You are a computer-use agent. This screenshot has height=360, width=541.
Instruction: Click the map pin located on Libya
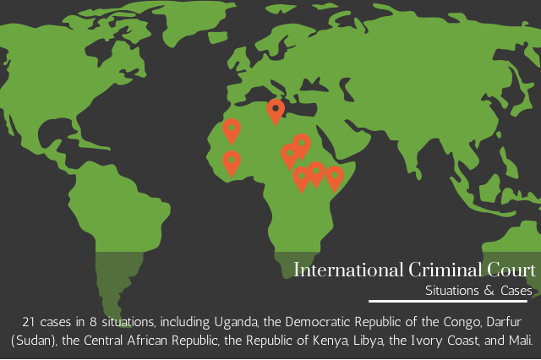coord(275,110)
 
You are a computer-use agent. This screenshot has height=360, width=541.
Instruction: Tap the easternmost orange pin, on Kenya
coord(334,177)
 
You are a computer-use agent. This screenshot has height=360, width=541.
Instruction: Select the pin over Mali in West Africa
coord(232,130)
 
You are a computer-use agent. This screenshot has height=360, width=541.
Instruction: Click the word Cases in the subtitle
coord(515,291)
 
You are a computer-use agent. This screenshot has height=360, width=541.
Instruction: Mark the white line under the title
coord(448,301)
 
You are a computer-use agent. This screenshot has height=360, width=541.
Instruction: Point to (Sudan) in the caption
coord(34,341)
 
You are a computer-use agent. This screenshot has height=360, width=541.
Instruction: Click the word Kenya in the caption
coord(323,341)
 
